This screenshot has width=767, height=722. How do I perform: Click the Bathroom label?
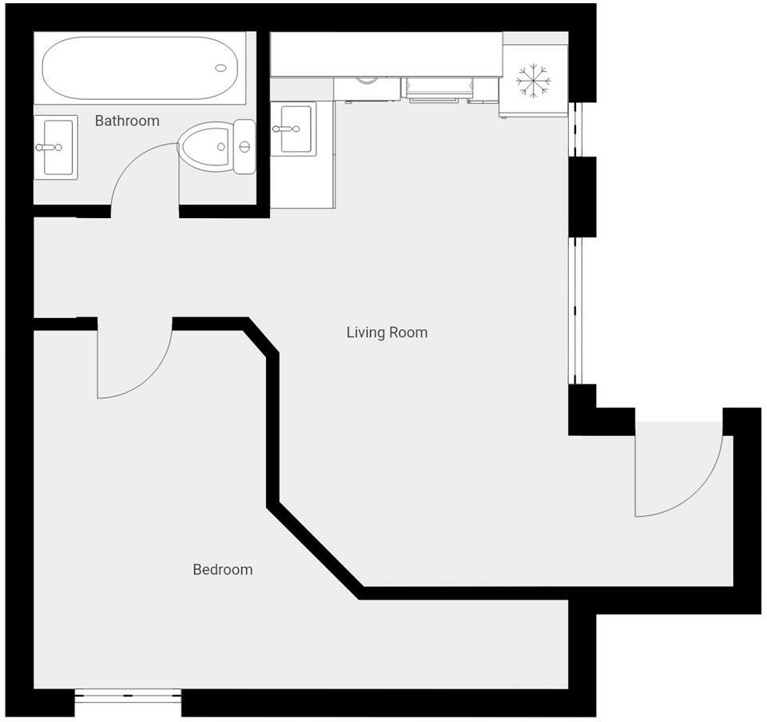(127, 121)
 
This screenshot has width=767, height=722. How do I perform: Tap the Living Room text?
(387, 332)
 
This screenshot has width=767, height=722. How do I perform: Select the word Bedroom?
(223, 569)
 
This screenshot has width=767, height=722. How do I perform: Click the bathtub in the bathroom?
(140, 68)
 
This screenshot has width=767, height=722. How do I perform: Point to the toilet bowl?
(204, 146)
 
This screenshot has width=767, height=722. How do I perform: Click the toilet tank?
(244, 146)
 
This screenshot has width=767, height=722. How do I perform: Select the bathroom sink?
(56, 147)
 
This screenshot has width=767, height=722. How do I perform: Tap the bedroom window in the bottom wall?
(128, 697)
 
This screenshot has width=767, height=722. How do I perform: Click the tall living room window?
(578, 311)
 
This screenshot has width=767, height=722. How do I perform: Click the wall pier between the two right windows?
(582, 196)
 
